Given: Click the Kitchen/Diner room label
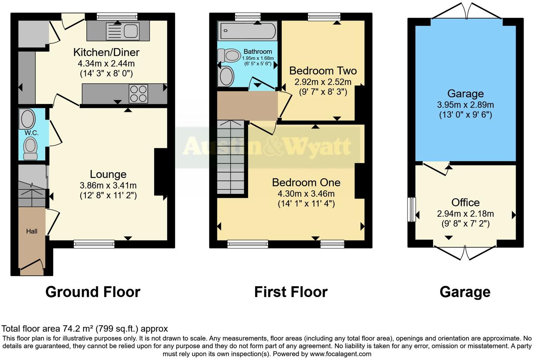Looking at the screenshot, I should pyautogui.click(x=106, y=52).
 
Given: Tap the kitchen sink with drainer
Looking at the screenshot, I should pyautogui.click(x=123, y=31).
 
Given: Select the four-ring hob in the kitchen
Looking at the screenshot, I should pyautogui.click(x=138, y=94).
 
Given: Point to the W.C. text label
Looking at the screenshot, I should pyautogui.click(x=32, y=133).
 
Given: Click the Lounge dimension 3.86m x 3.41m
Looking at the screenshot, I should pyautogui.click(x=108, y=185).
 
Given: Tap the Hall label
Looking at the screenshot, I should pyautogui.click(x=32, y=231).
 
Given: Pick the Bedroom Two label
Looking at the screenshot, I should pyautogui.click(x=323, y=71).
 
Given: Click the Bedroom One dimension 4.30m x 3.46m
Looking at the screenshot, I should pyautogui.click(x=306, y=193).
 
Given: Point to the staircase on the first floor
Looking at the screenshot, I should pyautogui.click(x=230, y=156).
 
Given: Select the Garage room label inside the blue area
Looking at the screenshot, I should pyautogui.click(x=465, y=94).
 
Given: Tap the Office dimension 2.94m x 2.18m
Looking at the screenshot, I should pyautogui.click(x=465, y=214).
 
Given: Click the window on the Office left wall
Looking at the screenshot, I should pyautogui.click(x=411, y=210).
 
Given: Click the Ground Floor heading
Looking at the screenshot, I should pyautogui.click(x=93, y=292).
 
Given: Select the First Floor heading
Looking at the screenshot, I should pyautogui.click(x=291, y=292).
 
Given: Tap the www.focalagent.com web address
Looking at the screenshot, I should pyautogui.click(x=340, y=354).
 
